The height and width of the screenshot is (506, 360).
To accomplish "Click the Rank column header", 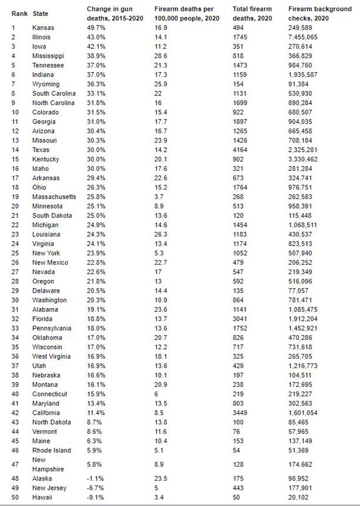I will tap(19, 14).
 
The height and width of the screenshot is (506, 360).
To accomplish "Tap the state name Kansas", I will tap(43, 28).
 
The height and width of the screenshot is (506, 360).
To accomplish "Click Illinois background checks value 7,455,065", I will tap(305, 37).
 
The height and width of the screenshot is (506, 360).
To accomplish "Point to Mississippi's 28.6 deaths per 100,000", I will tap(161, 56).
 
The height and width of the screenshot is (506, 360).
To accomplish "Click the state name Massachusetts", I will tap(54, 197).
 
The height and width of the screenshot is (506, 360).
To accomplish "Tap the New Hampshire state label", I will tap(45, 464).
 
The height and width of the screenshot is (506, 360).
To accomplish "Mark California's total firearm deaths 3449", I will tap(240, 413).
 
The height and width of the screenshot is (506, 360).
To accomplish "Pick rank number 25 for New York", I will tap(15, 253).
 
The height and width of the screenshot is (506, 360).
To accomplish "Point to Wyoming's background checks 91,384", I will tap(301, 84).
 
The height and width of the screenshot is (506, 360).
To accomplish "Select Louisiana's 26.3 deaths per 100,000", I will tap(161, 234).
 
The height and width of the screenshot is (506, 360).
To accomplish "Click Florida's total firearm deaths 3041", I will tap(240, 319).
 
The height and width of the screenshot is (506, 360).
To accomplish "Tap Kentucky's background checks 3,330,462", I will tap(305, 159).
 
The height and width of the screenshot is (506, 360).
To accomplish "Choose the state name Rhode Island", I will tap(51, 450).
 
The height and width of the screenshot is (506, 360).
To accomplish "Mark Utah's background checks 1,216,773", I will tap(305, 365).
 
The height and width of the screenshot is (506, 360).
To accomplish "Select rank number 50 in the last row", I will tap(15, 498).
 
